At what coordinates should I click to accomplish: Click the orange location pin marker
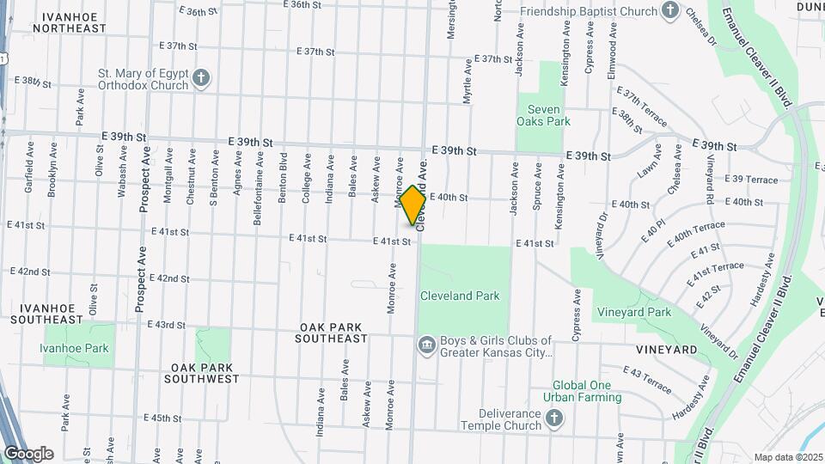pyautogui.click(x=412, y=205)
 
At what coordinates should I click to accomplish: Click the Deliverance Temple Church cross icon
pyautogui.click(x=555, y=419)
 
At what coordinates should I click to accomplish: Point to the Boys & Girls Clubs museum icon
pyautogui.click(x=426, y=345)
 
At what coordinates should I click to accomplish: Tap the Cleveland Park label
pyautogui.click(x=460, y=296)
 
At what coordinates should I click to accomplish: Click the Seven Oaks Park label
pyautogui.click(x=543, y=115)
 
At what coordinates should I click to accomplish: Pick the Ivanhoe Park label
pyautogui.click(x=74, y=348)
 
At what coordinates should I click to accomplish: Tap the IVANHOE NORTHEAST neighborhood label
pyautogui.click(x=70, y=22)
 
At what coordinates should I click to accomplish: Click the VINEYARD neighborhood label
pyautogui.click(x=666, y=350)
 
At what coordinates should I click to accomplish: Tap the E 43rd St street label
pyautogui.click(x=166, y=325)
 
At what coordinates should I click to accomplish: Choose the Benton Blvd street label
pyautogui.click(x=283, y=177)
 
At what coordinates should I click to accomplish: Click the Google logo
pyautogui.click(x=28, y=454)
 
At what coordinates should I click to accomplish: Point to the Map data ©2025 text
pyautogui.click(x=787, y=457)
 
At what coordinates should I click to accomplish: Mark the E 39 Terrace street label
pyautogui.click(x=750, y=180)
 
